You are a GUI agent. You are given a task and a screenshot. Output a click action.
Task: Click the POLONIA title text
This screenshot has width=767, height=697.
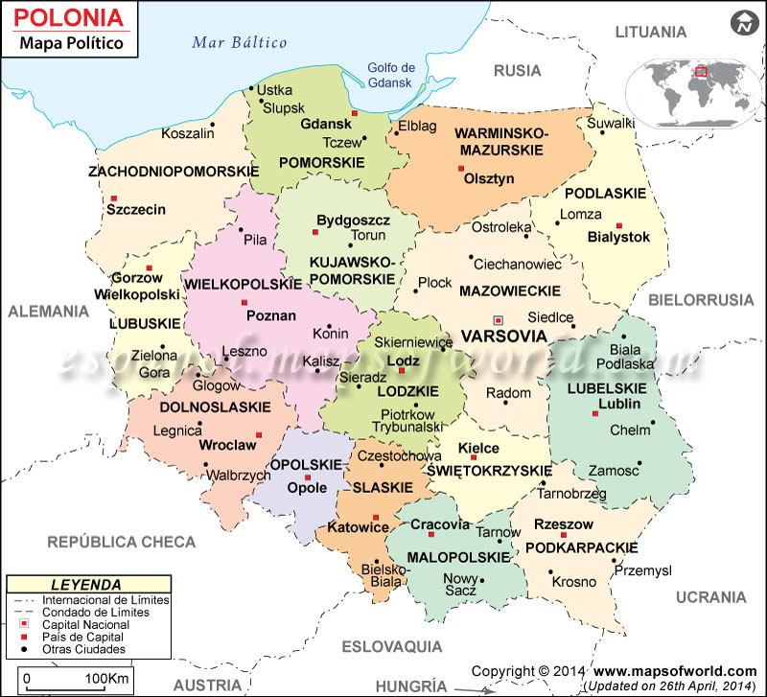tap(69, 18)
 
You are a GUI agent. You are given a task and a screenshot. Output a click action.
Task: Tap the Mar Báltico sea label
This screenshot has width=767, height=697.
tap(240, 42)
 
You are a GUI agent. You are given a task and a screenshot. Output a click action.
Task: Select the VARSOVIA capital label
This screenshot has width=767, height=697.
tap(502, 337)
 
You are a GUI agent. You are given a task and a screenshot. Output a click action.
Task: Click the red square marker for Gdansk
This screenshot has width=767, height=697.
tap(354, 114)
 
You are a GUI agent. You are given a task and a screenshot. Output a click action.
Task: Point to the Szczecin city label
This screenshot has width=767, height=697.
tap(136, 209)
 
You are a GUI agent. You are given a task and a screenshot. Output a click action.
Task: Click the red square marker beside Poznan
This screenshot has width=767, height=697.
tap(244, 303)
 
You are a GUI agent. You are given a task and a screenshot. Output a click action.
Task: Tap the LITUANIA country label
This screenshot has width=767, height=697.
tap(651, 32)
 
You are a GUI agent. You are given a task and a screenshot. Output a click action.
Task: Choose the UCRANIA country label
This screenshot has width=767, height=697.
tap(709, 597)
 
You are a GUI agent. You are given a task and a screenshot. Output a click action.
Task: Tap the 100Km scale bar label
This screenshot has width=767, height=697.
tap(106, 680)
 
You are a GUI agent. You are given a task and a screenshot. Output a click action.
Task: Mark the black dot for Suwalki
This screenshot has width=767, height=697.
tap(603, 132)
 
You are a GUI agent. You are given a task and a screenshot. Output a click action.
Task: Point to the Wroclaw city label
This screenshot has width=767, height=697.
tap(227, 445)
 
